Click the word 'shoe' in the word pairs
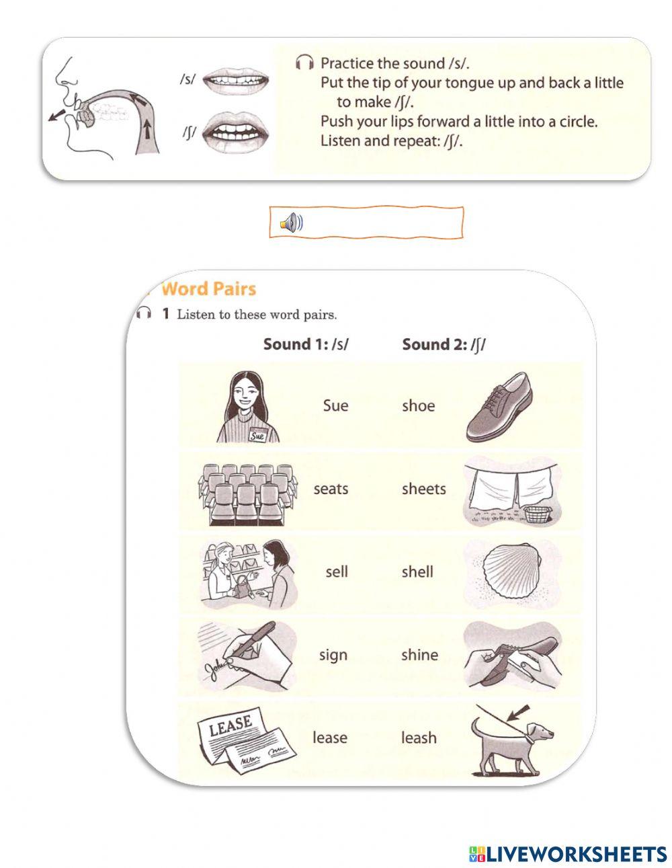coord(418,406)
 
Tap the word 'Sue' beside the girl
coord(335,405)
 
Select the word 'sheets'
coord(423,489)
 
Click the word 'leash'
coord(419,738)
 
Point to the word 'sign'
coord(333,655)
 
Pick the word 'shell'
coord(417,571)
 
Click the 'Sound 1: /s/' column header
coord(306,344)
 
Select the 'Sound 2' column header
coord(444,344)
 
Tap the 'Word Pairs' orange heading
coord(209,289)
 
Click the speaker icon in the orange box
coord(292,223)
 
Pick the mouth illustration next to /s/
coord(236,81)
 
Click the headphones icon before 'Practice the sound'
coord(304,64)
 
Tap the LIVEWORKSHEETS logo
coord(568,854)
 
